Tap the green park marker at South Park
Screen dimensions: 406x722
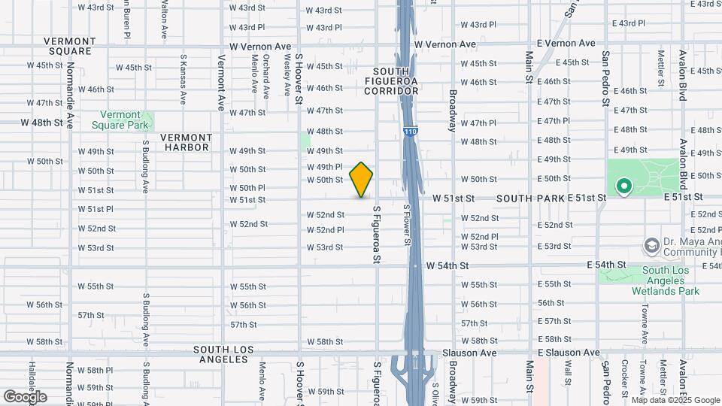point(623,186)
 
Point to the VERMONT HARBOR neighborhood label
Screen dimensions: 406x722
point(187,143)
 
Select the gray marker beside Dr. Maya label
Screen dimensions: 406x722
point(651,246)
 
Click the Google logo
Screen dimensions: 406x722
point(26,396)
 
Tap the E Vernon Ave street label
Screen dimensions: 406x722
point(566,44)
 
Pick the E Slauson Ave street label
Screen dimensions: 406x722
point(569,353)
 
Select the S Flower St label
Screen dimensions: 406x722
point(406,225)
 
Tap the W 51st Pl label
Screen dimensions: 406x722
point(96,209)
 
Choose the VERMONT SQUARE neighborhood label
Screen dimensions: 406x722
point(68,46)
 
